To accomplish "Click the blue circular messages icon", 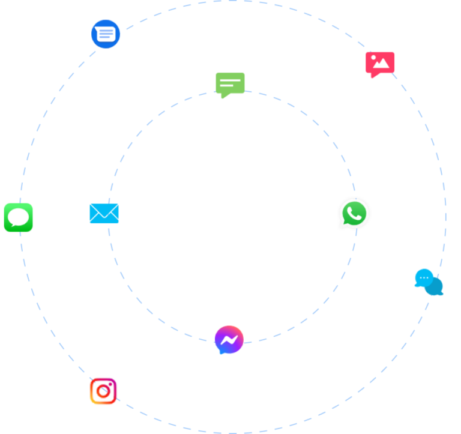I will tap(106, 34).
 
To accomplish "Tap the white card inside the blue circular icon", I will tap(106, 34).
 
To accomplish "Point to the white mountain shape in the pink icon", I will tap(381, 64).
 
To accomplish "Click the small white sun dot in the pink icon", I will tap(375, 58).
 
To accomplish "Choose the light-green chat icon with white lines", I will tap(230, 83).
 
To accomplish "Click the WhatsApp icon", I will tap(354, 213).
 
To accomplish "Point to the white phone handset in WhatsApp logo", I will tap(355, 213).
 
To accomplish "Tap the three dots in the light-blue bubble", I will tap(424, 277).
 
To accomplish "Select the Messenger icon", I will tap(229, 340).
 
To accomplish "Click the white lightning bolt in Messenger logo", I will tap(229, 340).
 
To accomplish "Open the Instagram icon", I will tap(103, 391).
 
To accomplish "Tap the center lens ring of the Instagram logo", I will tap(104, 392).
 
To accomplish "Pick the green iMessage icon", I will tap(18, 217).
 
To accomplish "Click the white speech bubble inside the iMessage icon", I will tap(19, 217).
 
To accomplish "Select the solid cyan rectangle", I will tap(104, 214).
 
